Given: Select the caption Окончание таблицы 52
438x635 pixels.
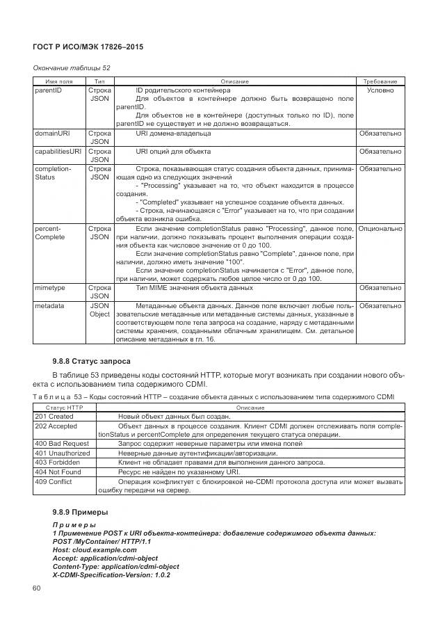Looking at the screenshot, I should tap(72, 67).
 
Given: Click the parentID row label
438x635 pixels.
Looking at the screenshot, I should tap(48, 90).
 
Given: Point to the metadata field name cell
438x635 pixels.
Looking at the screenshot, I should tap(49, 305).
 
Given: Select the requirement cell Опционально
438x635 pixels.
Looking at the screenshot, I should tap(380, 228).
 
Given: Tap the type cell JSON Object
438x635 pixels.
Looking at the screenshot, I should tap(99, 310).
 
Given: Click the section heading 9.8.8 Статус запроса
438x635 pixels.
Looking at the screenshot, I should tap(92, 361).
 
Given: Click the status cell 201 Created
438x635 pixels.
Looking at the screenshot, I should tap(54, 416).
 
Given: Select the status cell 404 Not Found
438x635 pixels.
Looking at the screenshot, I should tap(58, 472).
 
